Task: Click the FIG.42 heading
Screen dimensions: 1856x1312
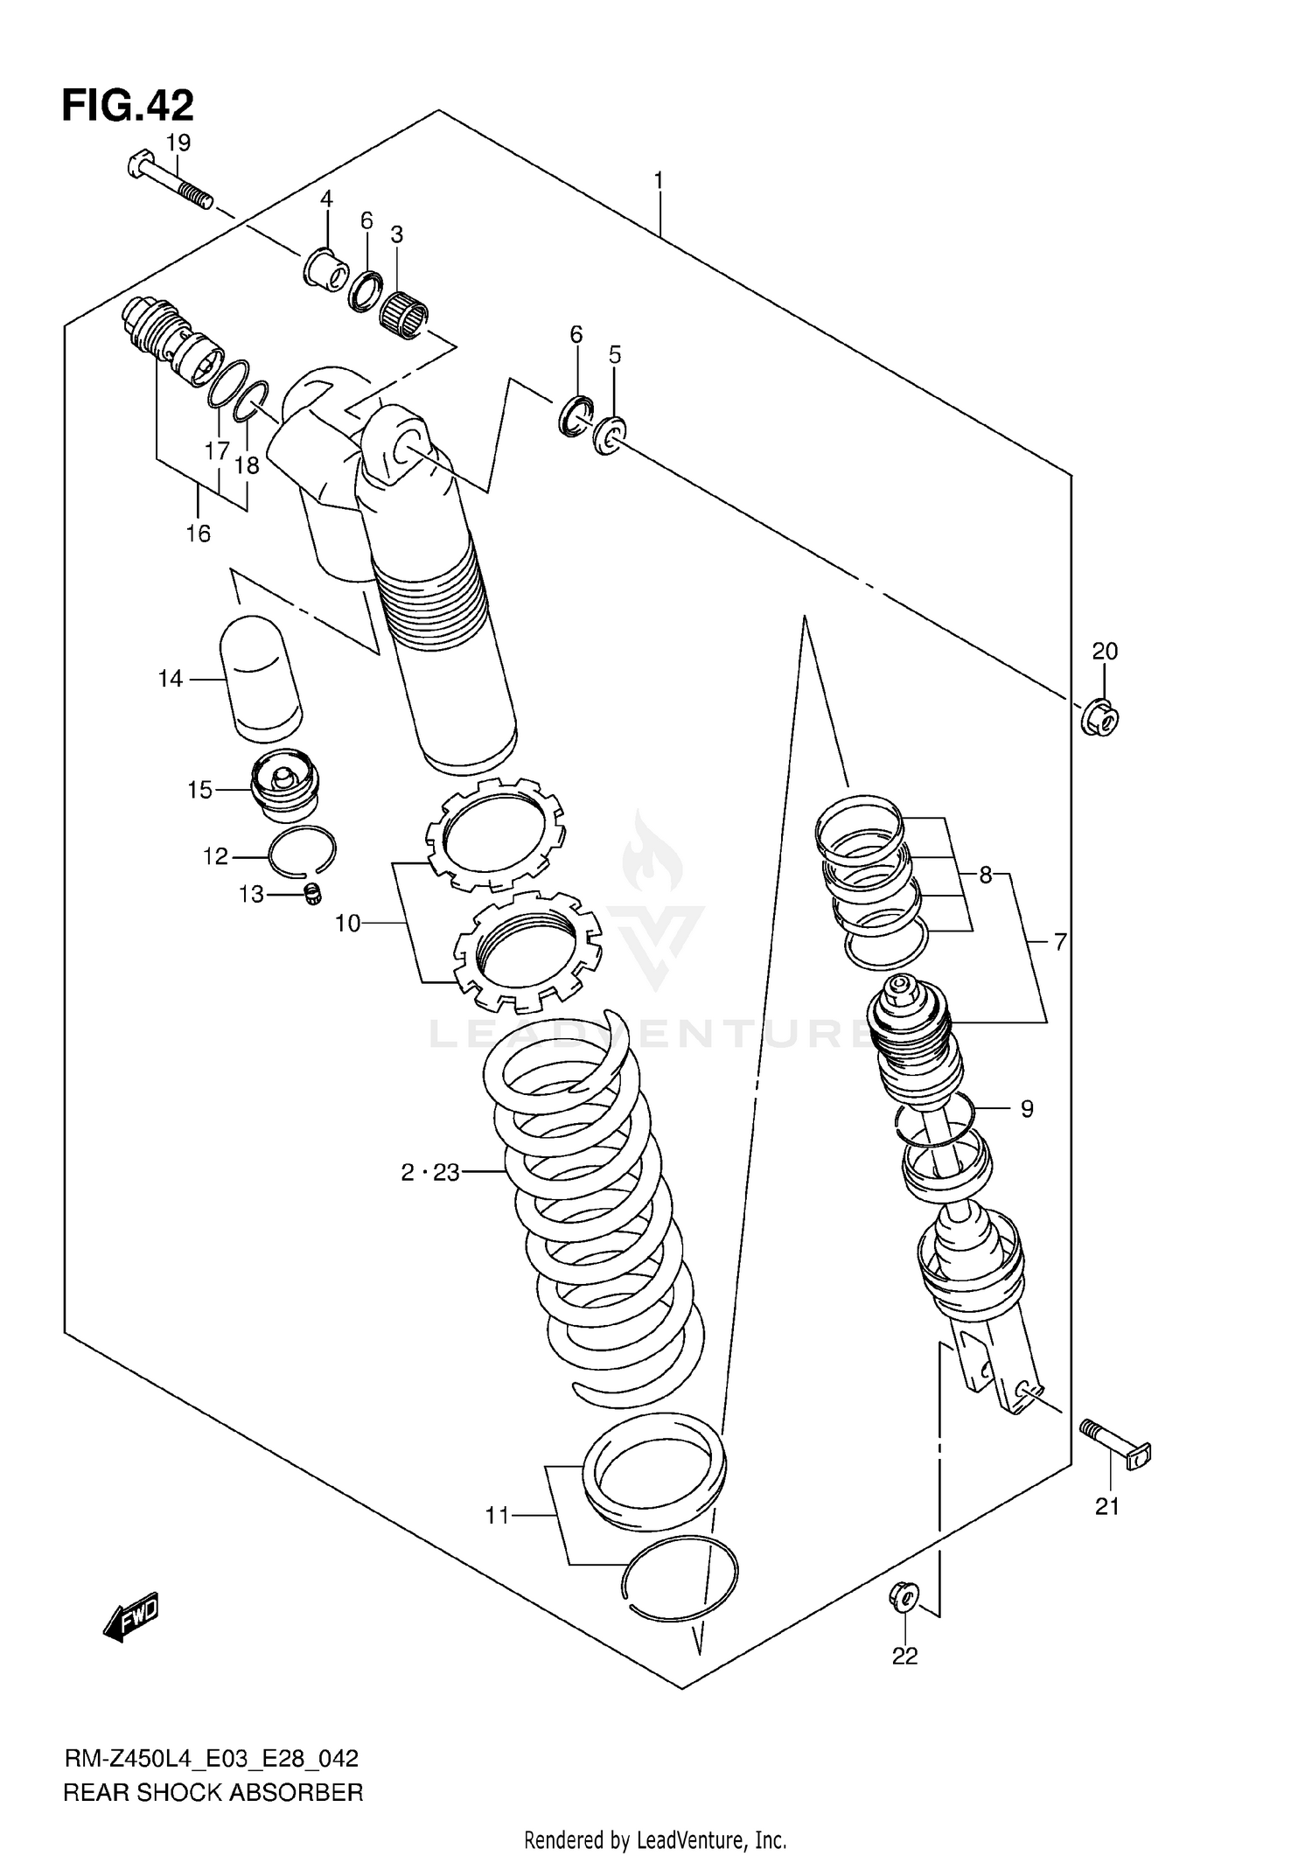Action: (x=128, y=106)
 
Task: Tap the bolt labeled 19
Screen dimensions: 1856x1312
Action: (x=170, y=183)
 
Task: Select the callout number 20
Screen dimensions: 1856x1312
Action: (x=1105, y=651)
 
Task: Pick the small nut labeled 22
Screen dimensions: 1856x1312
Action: (x=904, y=1596)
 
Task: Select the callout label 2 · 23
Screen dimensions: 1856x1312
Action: (x=430, y=1173)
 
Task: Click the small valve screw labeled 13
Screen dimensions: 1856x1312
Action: (x=313, y=894)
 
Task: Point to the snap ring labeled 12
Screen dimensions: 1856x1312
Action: (x=302, y=850)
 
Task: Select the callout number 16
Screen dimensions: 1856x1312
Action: (x=199, y=533)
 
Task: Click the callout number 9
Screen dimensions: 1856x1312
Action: (x=1027, y=1109)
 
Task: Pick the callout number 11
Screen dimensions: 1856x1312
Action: (x=497, y=1516)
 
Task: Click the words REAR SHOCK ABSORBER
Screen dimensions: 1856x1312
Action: (x=213, y=1793)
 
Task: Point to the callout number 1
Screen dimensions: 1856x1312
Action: (x=658, y=181)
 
